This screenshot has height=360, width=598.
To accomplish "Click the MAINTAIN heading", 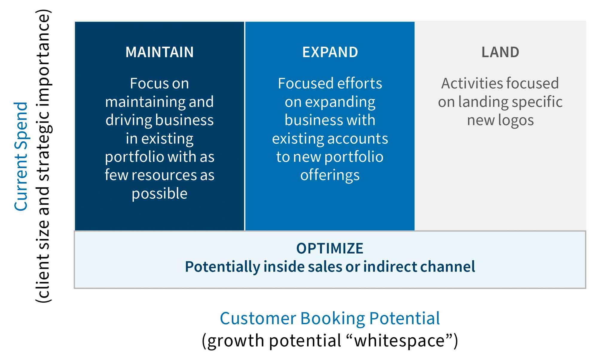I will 159,52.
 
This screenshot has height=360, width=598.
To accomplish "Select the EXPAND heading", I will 330,52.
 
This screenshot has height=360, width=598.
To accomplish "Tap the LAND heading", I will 500,52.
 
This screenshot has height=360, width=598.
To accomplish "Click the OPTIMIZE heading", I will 329,248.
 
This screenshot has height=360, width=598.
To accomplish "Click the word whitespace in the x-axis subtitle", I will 399,341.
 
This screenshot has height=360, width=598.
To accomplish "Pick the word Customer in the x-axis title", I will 257,318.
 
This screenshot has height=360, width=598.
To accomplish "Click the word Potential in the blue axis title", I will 404,318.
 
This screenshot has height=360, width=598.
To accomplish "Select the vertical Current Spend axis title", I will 21,157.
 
